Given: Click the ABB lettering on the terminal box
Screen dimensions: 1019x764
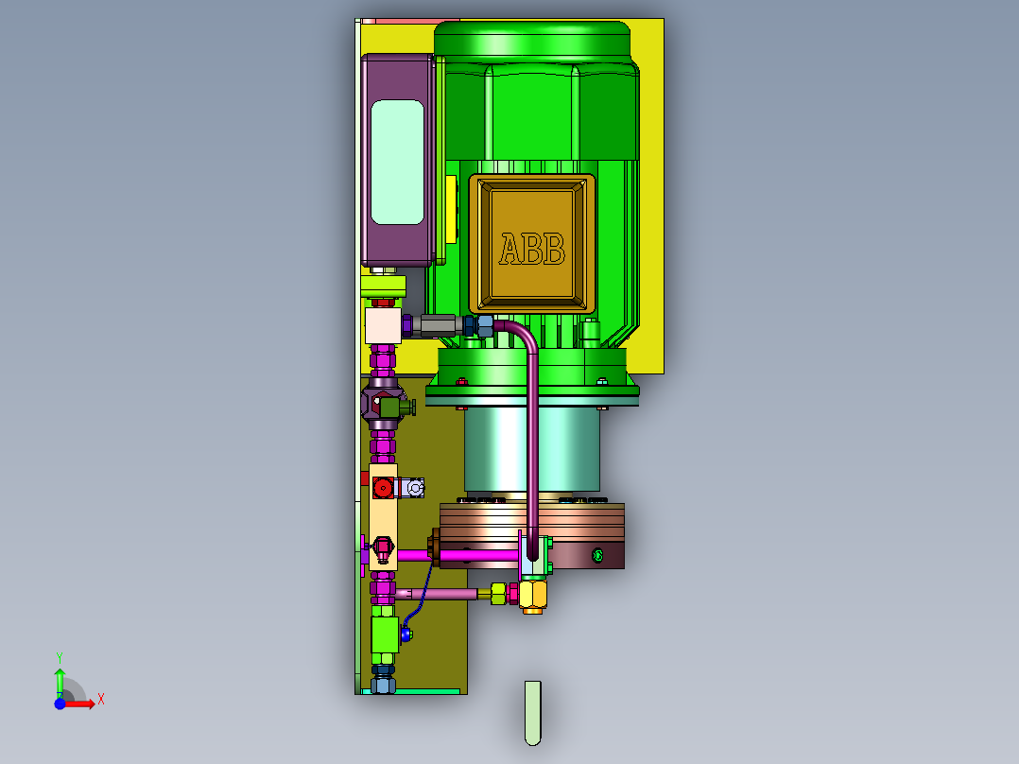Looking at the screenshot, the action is pos(532,249).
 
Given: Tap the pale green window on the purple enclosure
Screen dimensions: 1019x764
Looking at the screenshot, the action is pos(397,162).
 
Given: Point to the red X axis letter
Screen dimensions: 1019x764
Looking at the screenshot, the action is pos(101,700).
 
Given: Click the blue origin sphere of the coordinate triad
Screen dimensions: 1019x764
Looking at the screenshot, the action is pos(60,703).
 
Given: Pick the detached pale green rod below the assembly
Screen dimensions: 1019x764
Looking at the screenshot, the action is pos(533,713).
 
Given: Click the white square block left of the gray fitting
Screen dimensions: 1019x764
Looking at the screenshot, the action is pos(384,325).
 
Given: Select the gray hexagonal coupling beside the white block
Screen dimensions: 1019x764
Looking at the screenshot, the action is pos(438,325).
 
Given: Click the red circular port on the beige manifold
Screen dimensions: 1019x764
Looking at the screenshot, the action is pos(383,488).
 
